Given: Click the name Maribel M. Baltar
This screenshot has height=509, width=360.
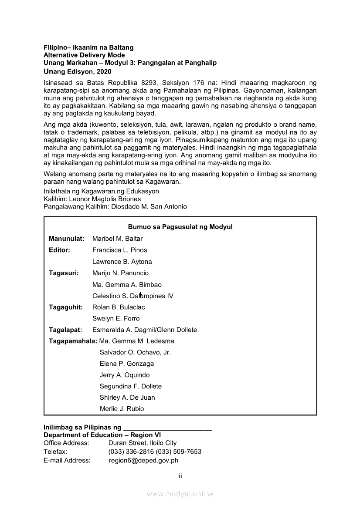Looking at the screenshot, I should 117,239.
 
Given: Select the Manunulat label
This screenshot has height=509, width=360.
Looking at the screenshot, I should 66,239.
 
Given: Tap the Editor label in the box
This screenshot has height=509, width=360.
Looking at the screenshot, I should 59,250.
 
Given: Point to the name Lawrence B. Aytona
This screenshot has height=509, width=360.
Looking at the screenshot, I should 122,262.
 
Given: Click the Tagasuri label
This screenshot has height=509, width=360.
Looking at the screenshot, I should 64,273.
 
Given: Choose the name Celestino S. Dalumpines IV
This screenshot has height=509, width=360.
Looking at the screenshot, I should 132,296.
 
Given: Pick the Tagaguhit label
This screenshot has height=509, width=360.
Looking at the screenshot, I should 66,307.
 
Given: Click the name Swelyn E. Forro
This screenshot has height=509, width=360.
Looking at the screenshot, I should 116,318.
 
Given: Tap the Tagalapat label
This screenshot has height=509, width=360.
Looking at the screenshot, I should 65,330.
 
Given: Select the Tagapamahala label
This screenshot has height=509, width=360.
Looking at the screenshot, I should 73,341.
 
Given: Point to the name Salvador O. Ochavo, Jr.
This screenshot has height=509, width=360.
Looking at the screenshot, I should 135,352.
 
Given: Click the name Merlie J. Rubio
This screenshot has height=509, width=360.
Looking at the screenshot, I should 122,409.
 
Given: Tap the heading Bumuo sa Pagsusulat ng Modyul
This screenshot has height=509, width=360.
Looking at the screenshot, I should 180,227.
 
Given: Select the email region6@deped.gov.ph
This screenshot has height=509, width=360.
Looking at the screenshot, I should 143,460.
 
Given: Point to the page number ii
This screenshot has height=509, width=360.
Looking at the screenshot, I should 180,476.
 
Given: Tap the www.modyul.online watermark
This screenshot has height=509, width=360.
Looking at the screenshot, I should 180,494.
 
